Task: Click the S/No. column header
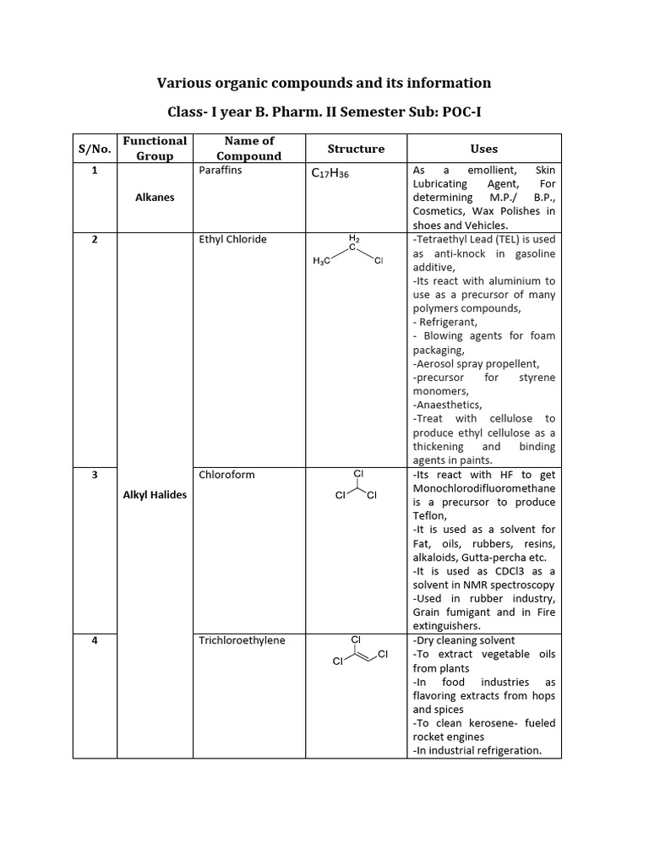95,149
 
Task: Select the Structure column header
356,149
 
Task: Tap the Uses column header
484,149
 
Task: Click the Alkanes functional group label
155,197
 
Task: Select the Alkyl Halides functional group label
155,494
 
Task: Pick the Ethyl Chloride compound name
232,239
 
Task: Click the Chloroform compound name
226,474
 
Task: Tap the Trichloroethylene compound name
243,640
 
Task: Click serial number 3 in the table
95,474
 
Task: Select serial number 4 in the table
95,640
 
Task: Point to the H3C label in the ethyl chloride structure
322,261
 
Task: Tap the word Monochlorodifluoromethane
484,488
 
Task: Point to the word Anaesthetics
448,405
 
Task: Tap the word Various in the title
184,83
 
